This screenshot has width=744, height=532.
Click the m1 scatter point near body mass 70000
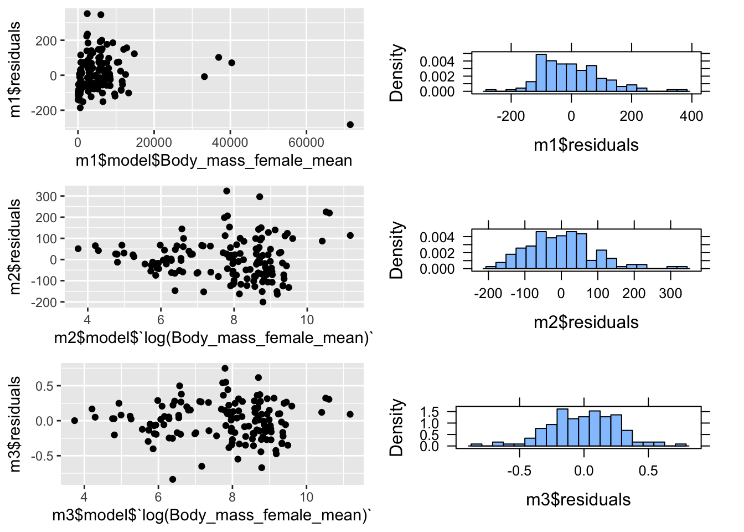(x=350, y=125)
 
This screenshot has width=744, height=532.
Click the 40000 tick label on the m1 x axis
(x=230, y=142)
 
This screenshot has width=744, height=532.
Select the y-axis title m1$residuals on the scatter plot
(x=15, y=69)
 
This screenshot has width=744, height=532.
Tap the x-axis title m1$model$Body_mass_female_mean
(x=214, y=161)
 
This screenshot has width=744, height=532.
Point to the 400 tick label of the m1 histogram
(x=691, y=116)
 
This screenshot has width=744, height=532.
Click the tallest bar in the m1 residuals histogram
(x=541, y=73)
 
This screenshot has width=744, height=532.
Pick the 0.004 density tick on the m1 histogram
(x=437, y=61)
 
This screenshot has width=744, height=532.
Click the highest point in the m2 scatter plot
(x=226, y=191)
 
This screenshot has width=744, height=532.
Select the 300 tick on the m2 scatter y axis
(x=46, y=196)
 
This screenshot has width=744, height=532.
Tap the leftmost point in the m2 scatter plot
(x=78, y=249)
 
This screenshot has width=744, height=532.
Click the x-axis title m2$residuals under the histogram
(x=586, y=322)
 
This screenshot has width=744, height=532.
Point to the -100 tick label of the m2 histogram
(x=524, y=293)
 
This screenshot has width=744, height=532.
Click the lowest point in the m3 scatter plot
(x=173, y=479)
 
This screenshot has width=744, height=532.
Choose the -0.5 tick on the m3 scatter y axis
(x=44, y=456)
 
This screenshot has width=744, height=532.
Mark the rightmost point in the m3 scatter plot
(x=350, y=415)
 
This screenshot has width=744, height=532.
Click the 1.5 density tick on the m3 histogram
(x=430, y=412)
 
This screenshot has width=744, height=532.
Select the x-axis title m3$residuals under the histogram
(x=578, y=499)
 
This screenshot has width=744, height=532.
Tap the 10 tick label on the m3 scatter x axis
(x=306, y=497)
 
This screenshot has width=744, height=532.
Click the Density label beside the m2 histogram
(x=396, y=250)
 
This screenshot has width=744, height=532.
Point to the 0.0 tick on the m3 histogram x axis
(x=583, y=470)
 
